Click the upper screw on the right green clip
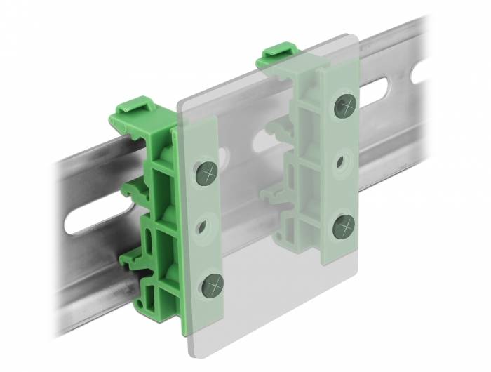coord(344,106)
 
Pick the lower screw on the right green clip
coord(343,226)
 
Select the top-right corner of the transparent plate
coord(358,35)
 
